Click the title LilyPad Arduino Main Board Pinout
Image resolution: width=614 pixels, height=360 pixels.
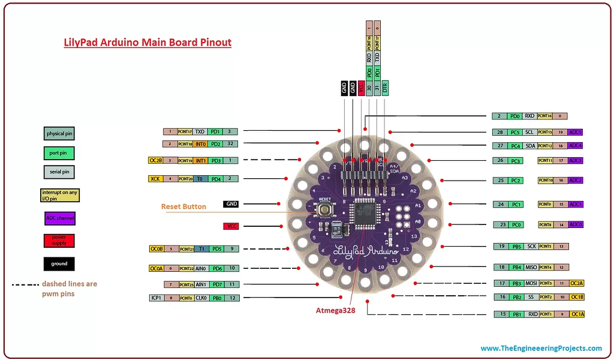tap(148, 43)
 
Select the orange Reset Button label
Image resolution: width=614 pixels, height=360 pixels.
tap(183, 206)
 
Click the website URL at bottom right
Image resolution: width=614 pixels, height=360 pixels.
tap(541, 348)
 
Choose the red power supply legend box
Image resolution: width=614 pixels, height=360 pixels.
tap(59, 241)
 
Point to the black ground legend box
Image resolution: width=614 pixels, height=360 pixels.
tap(59, 263)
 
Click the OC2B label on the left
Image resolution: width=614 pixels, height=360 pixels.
tap(155, 160)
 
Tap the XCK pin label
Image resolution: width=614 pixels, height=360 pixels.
tap(155, 178)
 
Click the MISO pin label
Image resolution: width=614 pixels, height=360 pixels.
tap(531, 267)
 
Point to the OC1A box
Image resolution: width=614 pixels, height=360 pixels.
tap(577, 314)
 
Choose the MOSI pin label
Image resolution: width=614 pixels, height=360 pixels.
tap(531, 283)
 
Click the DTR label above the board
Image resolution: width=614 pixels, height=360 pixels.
tap(385, 88)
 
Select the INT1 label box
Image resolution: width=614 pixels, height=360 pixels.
tap(200, 160)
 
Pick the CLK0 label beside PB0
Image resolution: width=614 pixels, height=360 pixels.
tap(200, 298)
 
